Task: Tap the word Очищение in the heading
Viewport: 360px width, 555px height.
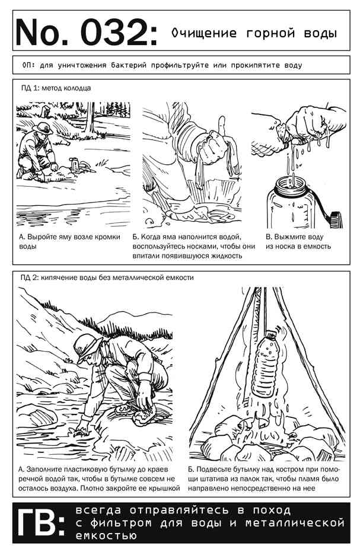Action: pos(204,33)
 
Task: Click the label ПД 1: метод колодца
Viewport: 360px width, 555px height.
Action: pos(56,88)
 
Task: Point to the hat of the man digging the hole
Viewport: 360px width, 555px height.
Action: pos(42,127)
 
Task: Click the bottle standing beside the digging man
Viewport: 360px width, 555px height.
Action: pos(74,165)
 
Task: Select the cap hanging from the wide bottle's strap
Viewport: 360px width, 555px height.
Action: pos(335,219)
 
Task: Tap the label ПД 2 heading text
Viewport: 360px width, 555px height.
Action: pos(107,277)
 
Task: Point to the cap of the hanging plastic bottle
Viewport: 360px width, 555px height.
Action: pos(270,334)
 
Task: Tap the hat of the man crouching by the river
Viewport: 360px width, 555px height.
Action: pos(87,347)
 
